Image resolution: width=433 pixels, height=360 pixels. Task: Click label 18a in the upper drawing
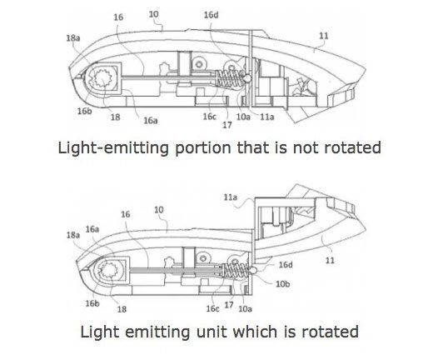73,37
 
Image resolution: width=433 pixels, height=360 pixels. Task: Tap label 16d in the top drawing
211,15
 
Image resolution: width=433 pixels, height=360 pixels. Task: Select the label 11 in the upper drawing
324,36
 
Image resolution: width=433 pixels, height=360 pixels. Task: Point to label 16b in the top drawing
85,111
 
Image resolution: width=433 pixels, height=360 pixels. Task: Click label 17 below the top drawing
227,125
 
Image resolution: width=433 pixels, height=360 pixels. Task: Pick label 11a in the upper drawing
267,117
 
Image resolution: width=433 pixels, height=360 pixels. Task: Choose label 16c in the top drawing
209,117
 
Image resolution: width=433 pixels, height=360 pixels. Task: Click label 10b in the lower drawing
283,283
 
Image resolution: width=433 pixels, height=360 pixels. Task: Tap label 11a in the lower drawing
231,197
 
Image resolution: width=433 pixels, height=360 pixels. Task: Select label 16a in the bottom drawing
92,229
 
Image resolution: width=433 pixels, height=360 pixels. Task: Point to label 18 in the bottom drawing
122,309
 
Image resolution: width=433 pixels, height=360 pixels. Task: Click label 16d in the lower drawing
286,264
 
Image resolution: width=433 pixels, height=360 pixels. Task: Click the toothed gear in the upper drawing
103,77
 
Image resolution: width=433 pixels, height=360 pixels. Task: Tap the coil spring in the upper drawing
229,78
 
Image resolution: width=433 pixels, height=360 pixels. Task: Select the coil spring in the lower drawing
235,270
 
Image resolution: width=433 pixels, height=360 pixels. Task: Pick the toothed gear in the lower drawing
110,270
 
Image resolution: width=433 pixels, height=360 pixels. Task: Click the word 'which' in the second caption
255,332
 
